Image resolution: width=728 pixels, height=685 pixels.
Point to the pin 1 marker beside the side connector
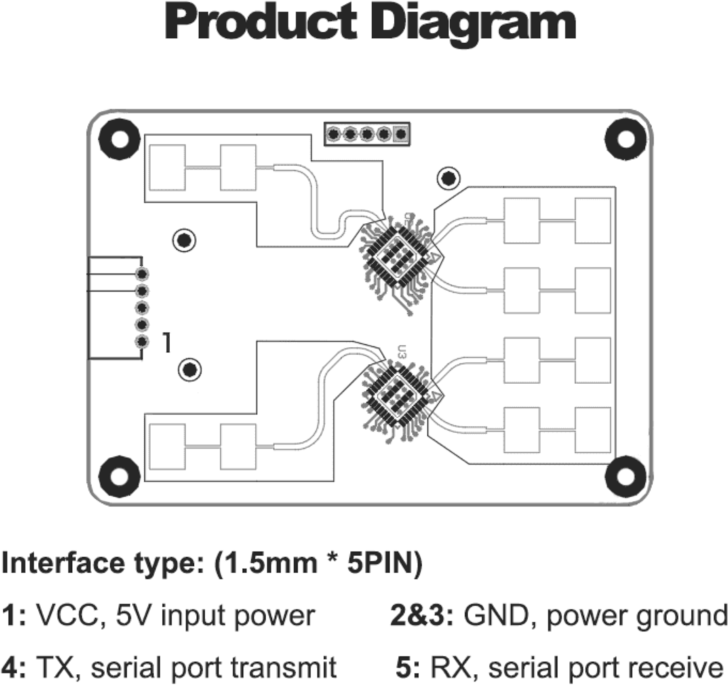[x=168, y=342]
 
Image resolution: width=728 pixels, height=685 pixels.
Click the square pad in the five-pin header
[x=402, y=134]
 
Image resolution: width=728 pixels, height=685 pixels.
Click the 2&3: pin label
[x=423, y=616]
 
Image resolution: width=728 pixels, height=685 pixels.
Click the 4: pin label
[x=14, y=665]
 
